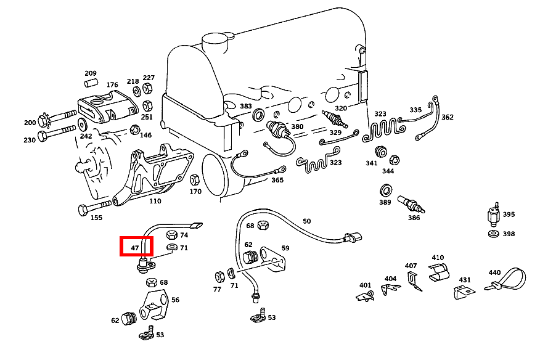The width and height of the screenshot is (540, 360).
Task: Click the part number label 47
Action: tap(134, 248)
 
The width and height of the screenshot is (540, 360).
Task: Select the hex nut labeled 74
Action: tap(171, 235)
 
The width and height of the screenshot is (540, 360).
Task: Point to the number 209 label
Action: tap(91, 73)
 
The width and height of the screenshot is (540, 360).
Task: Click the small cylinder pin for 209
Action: tap(91, 83)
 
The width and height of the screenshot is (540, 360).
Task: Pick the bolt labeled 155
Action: tap(95, 207)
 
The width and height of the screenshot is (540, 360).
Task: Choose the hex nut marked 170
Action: tap(195, 179)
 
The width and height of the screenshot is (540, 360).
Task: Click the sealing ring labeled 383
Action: tap(258, 115)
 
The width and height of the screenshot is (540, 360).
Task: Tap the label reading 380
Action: tap(297, 126)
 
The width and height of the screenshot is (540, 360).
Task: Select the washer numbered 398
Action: tap(494, 234)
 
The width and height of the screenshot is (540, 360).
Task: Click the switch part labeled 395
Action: tap(494, 215)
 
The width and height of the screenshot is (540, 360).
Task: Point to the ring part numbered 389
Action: tap(386, 190)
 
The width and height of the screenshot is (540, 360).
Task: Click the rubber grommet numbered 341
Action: tap(380, 152)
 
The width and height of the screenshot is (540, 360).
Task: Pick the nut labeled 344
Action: tap(394, 160)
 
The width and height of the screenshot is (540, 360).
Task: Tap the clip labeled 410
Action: tap(438, 272)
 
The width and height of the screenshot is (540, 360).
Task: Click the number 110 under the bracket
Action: tap(155, 201)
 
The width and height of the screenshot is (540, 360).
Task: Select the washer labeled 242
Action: tap(82, 124)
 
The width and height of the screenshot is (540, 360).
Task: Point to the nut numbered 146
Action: tap(134, 130)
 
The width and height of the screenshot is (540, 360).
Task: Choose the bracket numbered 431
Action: tap(464, 292)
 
